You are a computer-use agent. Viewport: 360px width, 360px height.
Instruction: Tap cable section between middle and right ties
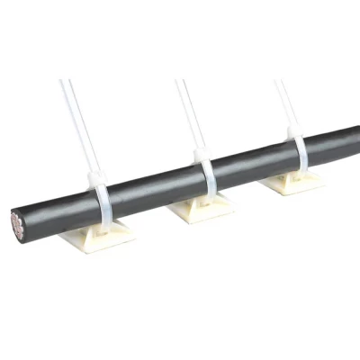coord(252,162)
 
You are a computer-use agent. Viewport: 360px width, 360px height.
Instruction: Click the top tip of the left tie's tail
coord(62,83)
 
